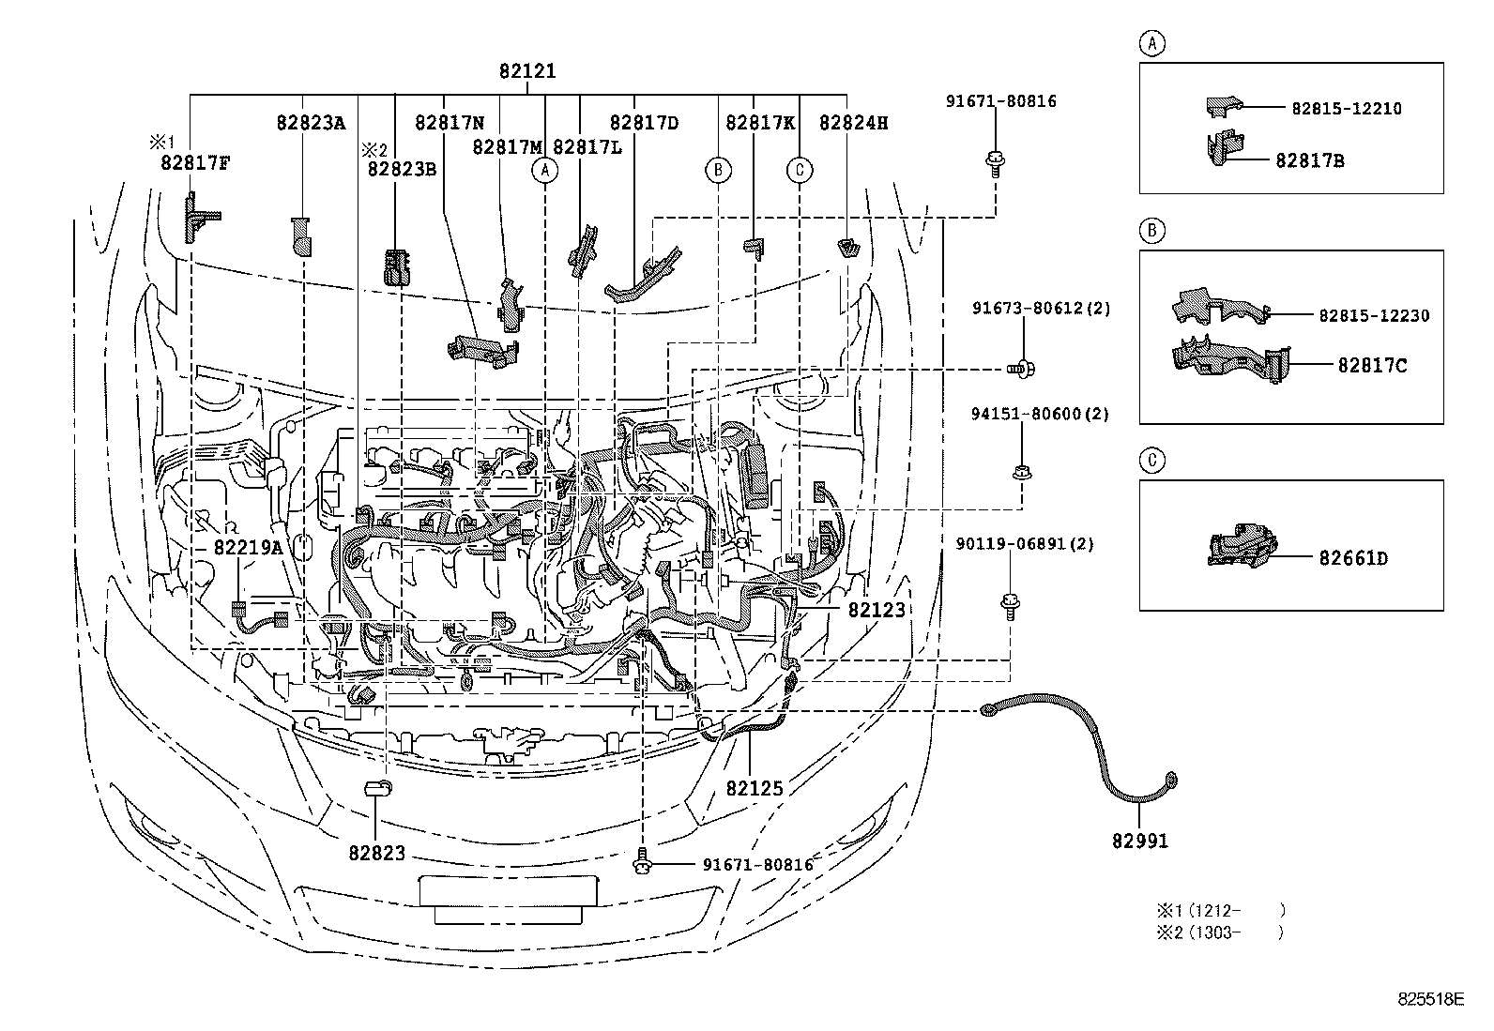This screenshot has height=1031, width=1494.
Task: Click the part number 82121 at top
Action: (x=526, y=71)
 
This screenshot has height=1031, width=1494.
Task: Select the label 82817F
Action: (x=195, y=161)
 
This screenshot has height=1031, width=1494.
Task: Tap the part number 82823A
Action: (x=311, y=122)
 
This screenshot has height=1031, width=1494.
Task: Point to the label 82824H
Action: (x=853, y=122)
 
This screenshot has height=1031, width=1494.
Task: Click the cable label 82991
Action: (x=1140, y=841)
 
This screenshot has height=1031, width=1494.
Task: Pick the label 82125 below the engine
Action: (x=754, y=788)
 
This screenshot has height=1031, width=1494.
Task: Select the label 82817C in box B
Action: (x=1372, y=366)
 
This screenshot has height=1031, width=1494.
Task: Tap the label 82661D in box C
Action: (x=1352, y=559)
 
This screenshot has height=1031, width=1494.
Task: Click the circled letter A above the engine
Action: (x=544, y=170)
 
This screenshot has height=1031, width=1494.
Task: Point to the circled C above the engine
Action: (x=800, y=170)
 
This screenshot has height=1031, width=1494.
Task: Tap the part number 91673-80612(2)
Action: (x=1041, y=308)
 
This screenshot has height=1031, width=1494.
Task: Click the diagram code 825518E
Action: (x=1431, y=999)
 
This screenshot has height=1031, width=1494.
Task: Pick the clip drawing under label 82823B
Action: (x=398, y=266)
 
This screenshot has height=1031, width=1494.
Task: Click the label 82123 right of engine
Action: (x=877, y=610)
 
